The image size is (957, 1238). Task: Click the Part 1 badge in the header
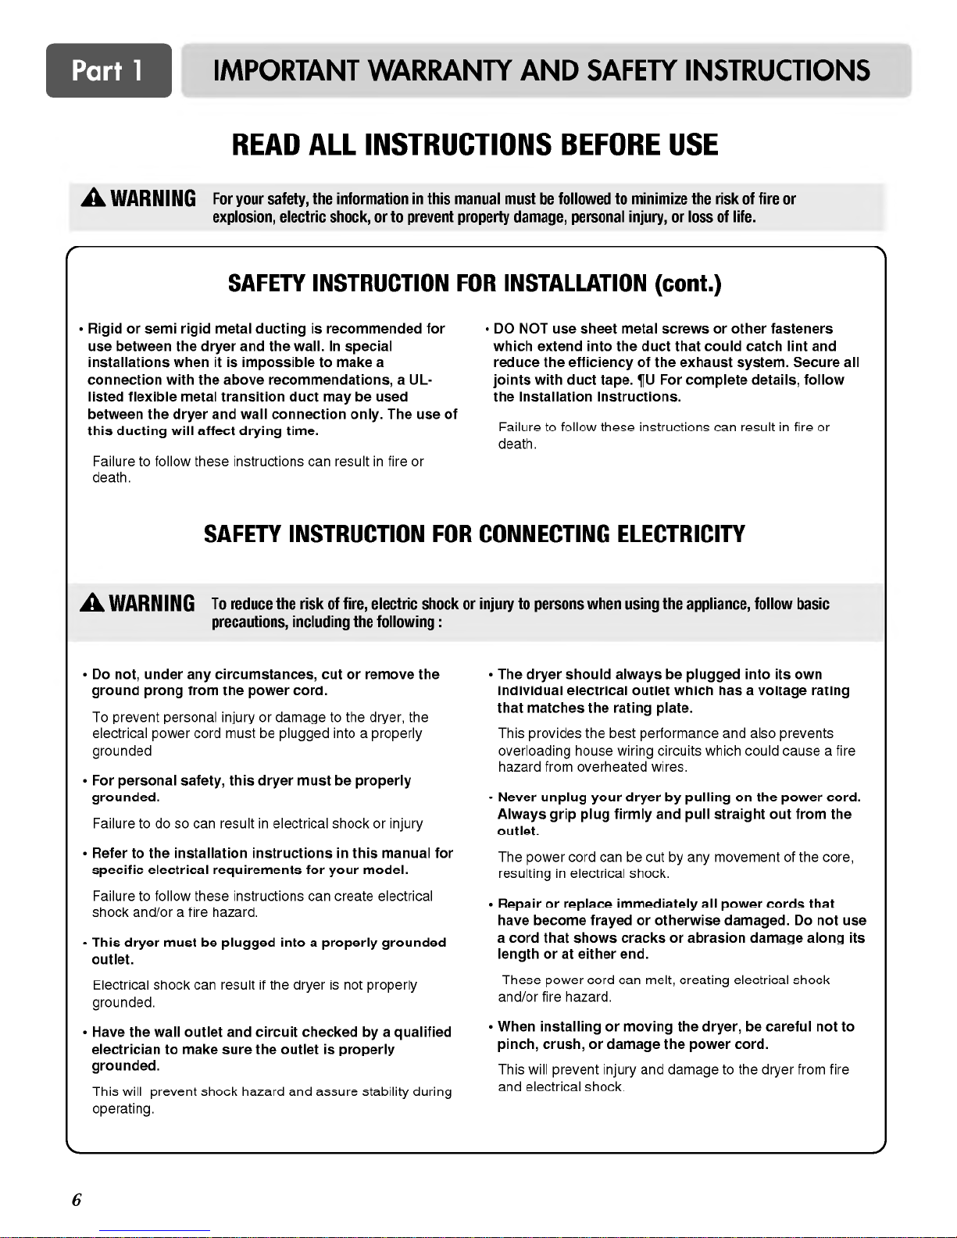[x=108, y=71]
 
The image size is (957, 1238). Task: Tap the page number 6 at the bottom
[x=77, y=1201]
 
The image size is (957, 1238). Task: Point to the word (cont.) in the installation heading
[x=687, y=283]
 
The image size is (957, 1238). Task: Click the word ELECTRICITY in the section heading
[x=680, y=534]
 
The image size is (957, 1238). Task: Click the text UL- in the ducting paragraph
[x=420, y=380]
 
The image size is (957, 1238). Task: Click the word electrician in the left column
[x=127, y=1049]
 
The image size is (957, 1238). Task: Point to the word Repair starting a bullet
[x=519, y=904]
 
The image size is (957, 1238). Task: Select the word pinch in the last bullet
[x=516, y=1044]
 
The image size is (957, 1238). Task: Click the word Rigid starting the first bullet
[x=105, y=329]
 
